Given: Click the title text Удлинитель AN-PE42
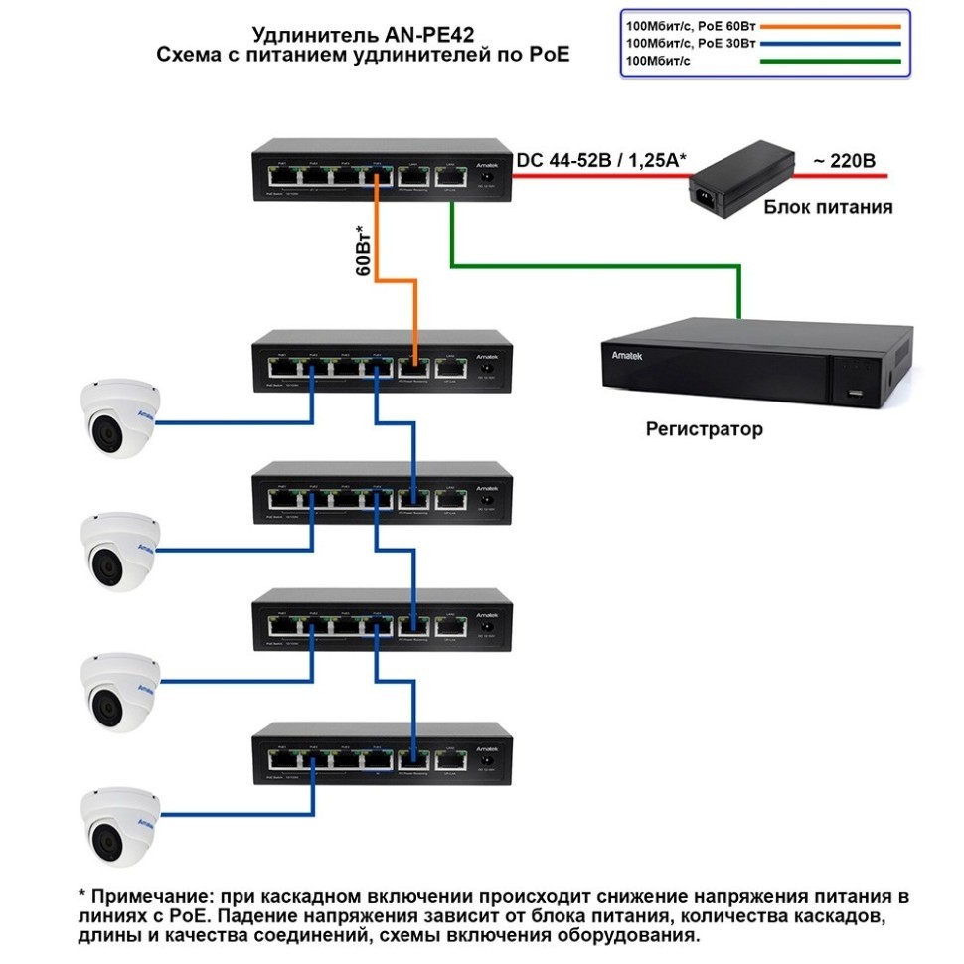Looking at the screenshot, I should (x=364, y=35).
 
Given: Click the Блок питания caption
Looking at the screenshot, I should (x=828, y=208).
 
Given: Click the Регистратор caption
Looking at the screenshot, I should (x=705, y=429).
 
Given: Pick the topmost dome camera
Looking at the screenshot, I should (x=119, y=418).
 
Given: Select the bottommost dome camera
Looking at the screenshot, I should (x=119, y=824).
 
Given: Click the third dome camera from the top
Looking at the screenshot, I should (x=119, y=692).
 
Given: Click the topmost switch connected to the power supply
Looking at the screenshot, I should (x=382, y=171).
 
